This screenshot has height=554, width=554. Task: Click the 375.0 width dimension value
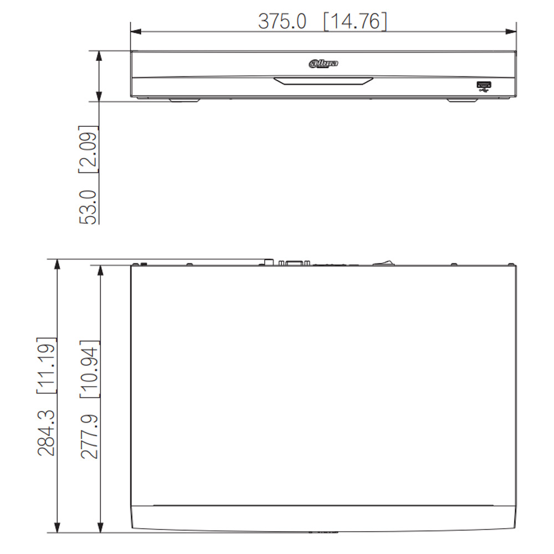tap(282, 21)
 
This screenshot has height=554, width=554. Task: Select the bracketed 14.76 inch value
tap(355, 21)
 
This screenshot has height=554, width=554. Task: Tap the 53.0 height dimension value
tap(88, 207)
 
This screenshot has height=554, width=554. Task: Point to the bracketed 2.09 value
tap(88, 148)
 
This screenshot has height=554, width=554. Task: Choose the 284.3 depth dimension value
tap(47, 433)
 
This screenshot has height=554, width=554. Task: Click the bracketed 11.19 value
tap(47, 365)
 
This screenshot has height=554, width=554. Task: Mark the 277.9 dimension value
tap(89, 437)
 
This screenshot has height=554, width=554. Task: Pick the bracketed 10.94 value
tap(89, 369)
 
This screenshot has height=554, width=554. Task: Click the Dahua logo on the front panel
tap(324, 64)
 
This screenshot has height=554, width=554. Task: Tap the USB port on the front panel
tap(484, 85)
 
